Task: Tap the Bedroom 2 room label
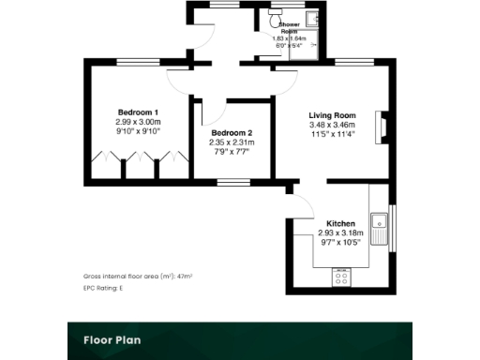[232, 132]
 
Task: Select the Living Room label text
[332, 115]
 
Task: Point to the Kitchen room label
[336, 222]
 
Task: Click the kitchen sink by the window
[381, 223]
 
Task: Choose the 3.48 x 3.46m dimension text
[332, 125]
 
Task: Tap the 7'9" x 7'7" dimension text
[232, 152]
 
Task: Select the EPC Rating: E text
[103, 287]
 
